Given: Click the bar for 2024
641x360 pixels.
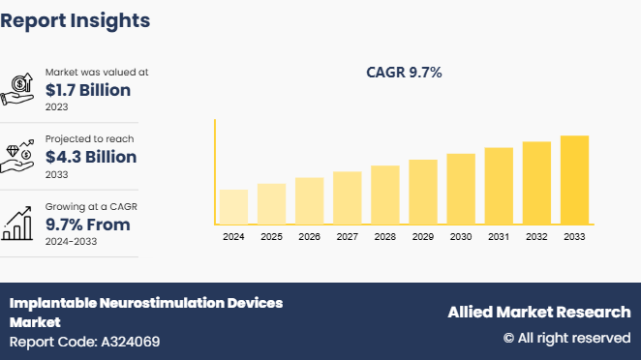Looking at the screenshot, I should click(233, 206).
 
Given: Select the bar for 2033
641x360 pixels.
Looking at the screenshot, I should click(574, 179).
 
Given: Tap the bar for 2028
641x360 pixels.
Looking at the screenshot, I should click(385, 195).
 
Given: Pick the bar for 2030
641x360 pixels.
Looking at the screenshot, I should click(461, 189).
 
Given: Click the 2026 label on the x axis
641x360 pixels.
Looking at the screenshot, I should click(309, 236).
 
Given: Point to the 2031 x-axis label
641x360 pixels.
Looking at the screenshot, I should click(499, 236).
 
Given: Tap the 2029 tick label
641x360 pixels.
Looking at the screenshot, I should click(423, 236).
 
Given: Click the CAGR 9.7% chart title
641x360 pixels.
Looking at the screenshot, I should click(404, 72).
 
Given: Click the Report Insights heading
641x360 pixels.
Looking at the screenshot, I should click(76, 19).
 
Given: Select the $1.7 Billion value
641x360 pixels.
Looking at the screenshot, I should click(88, 90).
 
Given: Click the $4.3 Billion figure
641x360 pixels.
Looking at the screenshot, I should click(91, 157).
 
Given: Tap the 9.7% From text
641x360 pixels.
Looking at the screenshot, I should click(88, 225).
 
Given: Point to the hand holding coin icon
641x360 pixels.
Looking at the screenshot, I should click(19, 88).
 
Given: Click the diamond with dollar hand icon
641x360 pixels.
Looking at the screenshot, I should click(19, 155).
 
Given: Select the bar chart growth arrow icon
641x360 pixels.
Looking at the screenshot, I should click(19, 223).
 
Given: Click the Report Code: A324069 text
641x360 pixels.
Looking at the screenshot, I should click(84, 342).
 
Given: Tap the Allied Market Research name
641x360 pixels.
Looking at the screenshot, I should click(538, 312).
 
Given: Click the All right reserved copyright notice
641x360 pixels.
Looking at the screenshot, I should click(566, 338).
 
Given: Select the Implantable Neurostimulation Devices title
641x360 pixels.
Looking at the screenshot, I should click(146, 303).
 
